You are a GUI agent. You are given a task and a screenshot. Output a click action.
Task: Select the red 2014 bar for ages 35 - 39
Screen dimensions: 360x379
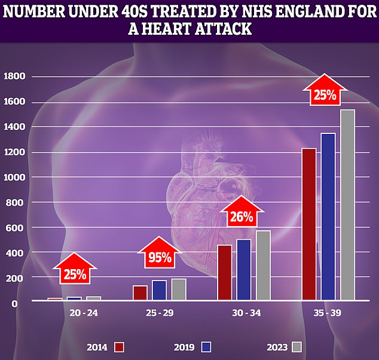308,224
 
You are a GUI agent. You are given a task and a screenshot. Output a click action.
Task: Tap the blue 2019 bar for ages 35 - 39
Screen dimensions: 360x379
328,216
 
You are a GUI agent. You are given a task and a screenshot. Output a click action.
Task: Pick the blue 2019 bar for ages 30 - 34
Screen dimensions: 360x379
244,270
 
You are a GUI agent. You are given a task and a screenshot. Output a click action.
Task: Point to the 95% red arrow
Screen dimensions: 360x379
160,255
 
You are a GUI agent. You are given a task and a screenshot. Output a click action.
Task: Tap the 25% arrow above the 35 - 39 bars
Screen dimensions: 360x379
323,92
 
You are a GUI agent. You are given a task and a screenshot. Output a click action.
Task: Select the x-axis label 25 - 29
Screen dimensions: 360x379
159,312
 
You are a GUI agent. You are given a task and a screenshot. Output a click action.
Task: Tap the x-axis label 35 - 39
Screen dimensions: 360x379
328,312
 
